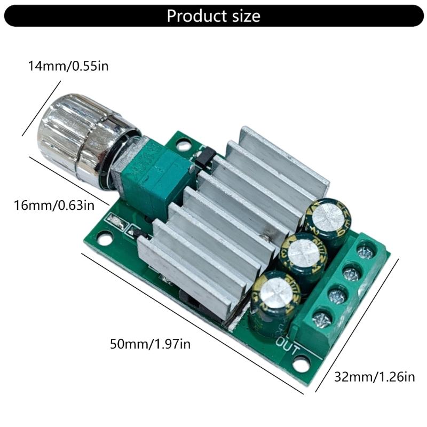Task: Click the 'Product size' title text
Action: [x=213, y=16]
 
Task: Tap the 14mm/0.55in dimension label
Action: [x=68, y=66]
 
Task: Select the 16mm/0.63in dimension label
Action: [x=54, y=205]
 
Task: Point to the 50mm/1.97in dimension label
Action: [x=150, y=344]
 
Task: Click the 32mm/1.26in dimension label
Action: [x=375, y=377]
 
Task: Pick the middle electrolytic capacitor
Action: [x=304, y=259]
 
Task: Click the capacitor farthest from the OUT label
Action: [x=328, y=222]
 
